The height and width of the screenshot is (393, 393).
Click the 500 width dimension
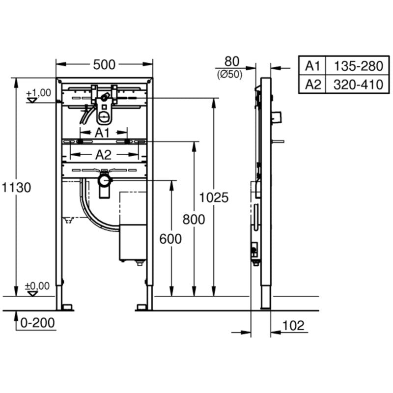click(104, 64)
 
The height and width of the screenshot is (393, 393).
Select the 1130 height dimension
click(16, 187)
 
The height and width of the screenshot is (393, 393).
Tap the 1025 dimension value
click(214, 197)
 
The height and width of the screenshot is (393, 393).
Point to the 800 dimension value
click(194, 220)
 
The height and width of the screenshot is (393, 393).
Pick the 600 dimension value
click(170, 239)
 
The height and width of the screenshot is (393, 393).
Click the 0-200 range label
click(37, 323)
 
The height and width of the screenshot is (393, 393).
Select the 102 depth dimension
click(294, 325)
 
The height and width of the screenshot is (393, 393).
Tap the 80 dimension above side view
click(231, 61)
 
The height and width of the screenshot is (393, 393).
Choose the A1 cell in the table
click(313, 65)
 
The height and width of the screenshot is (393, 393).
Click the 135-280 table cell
click(358, 65)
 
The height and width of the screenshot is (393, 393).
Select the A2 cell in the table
click(313, 84)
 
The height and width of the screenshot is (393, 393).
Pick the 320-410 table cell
click(358, 84)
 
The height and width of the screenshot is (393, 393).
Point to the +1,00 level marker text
click(38, 92)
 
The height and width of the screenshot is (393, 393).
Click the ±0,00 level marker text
click(38, 286)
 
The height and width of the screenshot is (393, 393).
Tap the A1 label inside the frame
click(103, 133)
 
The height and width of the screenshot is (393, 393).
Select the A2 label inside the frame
click(103, 155)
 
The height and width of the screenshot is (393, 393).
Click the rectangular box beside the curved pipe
click(133, 242)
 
